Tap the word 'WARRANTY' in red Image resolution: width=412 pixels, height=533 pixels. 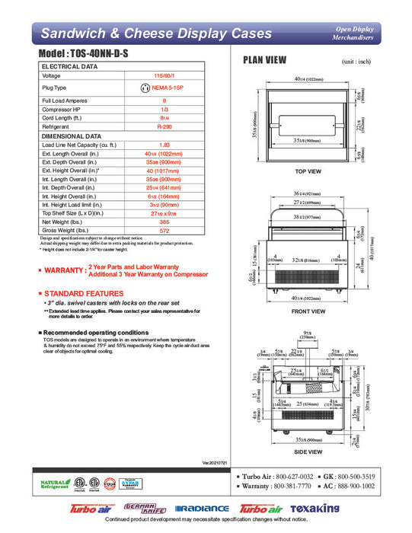point(65,270)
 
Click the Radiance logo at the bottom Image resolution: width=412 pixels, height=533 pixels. point(202,509)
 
